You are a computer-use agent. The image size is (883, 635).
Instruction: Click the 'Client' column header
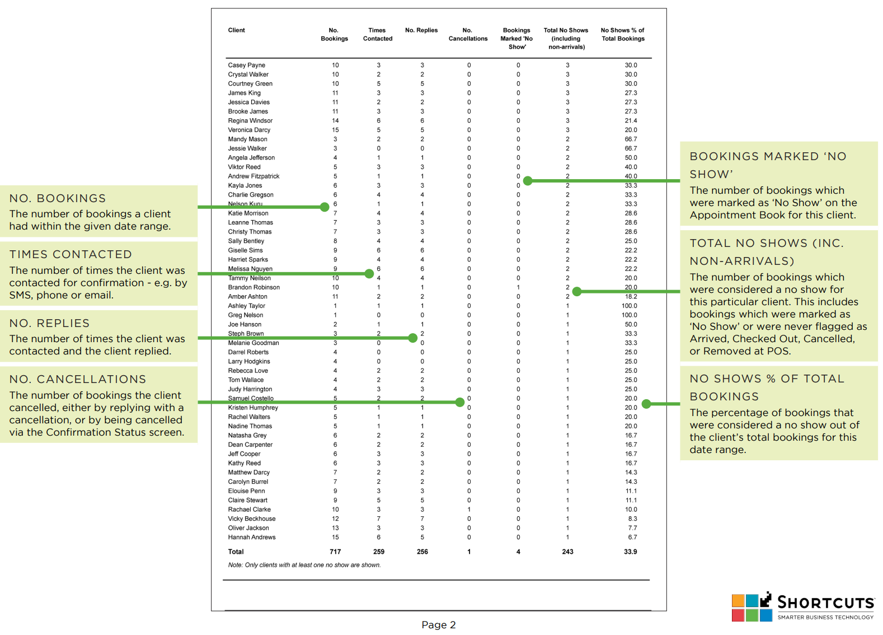[x=236, y=30]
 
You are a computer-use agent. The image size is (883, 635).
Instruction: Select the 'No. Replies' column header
[x=421, y=30]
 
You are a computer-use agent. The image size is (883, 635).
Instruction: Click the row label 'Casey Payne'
[x=246, y=65]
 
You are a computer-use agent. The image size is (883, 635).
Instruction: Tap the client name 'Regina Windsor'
[x=250, y=121]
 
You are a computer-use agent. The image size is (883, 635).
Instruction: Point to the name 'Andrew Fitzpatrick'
[x=253, y=176]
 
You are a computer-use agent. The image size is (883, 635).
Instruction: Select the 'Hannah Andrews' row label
[x=251, y=537]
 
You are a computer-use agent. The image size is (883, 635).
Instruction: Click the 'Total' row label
[x=236, y=552]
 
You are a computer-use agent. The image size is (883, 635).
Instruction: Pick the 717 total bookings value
[x=335, y=552]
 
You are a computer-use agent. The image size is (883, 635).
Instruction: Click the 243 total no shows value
[x=567, y=552]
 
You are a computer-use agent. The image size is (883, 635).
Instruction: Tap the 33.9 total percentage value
[x=630, y=552]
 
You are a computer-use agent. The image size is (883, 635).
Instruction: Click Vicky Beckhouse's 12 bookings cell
[x=335, y=519]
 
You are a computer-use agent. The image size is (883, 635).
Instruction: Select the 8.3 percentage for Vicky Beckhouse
[x=632, y=519]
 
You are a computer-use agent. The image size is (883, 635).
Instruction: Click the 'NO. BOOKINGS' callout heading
[x=58, y=198]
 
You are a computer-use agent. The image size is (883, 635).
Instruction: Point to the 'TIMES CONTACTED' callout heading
[x=71, y=254]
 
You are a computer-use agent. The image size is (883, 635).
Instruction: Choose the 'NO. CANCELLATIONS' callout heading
[x=78, y=379]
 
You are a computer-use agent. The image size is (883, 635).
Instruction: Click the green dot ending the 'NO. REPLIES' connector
[x=413, y=338]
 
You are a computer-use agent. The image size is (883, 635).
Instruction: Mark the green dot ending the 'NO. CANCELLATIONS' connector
[x=459, y=402]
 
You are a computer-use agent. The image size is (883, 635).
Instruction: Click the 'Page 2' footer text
[x=438, y=625]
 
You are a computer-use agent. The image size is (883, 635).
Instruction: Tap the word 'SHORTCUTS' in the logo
[x=825, y=603]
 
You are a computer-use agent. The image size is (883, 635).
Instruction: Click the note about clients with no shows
[x=304, y=565]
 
